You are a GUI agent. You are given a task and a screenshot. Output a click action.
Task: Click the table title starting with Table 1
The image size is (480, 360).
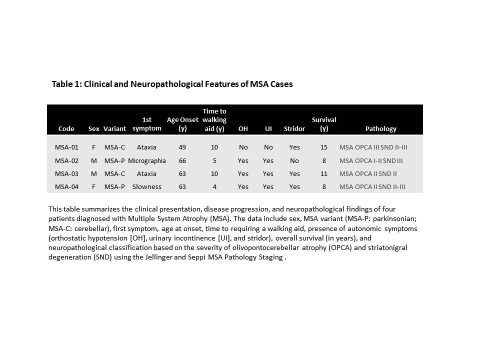point(172,84)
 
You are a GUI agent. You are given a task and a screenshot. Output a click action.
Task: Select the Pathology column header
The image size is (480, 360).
point(380,128)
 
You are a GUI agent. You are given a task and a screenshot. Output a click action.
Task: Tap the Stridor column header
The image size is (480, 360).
point(294,128)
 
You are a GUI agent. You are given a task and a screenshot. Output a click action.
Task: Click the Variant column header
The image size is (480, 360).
point(114,128)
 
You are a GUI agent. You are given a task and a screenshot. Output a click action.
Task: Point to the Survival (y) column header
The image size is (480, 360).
point(324,124)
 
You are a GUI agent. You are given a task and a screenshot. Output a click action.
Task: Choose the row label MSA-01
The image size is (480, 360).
point(66,147)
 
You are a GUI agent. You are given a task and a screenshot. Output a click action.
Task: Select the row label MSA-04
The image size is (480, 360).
point(66,186)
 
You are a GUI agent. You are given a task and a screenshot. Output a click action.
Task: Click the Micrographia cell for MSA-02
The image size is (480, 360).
point(146,160)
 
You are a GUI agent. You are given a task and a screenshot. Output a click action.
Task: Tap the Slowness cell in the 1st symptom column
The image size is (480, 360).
point(146,186)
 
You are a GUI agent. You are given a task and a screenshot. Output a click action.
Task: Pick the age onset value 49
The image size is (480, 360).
point(182,147)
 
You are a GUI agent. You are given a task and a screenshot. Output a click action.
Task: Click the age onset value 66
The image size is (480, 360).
point(182,160)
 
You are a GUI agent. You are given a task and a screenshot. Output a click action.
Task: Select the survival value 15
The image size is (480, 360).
point(324,147)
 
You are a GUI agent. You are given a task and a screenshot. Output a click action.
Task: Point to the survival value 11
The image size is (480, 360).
point(324,173)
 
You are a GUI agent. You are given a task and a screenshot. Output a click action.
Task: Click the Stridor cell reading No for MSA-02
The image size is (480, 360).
point(294,160)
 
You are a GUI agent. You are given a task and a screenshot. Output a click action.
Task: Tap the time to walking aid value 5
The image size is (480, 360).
point(214,160)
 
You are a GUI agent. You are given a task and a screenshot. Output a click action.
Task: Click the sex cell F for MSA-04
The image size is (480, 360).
point(93,186)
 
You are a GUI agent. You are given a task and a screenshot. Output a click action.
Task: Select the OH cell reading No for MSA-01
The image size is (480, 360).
point(243,147)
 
